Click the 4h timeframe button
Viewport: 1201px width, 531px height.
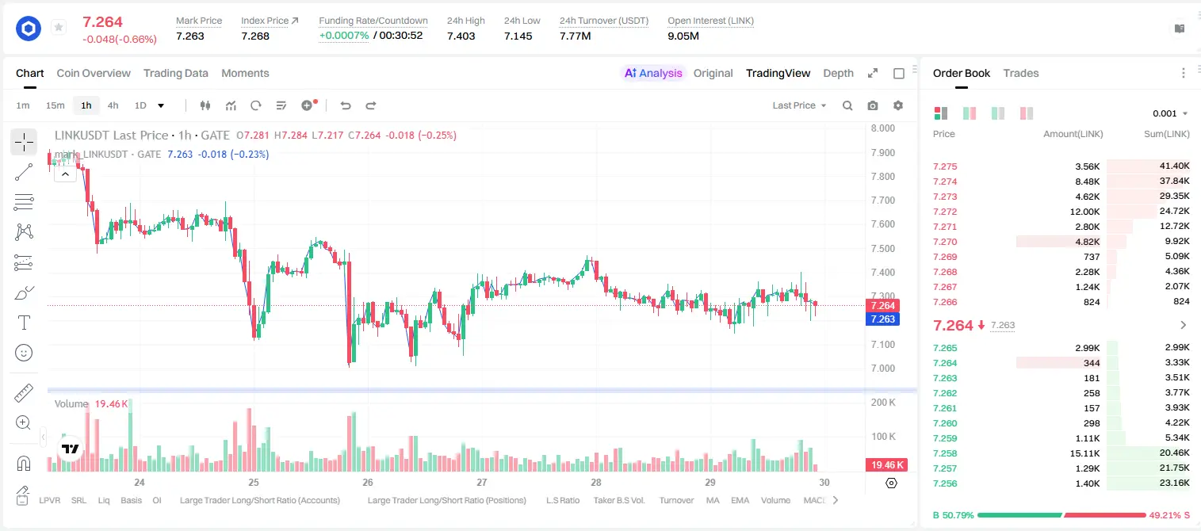[x=113, y=105]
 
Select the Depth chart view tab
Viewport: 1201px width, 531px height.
[x=838, y=73]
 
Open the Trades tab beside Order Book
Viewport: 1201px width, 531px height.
[x=1021, y=73]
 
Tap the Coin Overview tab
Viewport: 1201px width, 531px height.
[x=94, y=73]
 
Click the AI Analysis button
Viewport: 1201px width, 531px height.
[x=653, y=73]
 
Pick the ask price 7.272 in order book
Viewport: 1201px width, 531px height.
[x=945, y=212]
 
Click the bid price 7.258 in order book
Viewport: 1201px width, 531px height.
[x=945, y=453]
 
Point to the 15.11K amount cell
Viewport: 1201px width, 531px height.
[x=1084, y=453]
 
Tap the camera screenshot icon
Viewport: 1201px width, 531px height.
[x=873, y=105]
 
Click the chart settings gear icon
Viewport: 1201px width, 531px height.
[x=898, y=105]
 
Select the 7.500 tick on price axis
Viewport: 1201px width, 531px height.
[x=883, y=249]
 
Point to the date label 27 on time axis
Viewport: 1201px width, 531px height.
[x=481, y=482]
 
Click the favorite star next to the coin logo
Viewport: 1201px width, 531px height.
[x=59, y=27]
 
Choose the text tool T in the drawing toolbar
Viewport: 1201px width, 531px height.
[x=24, y=323]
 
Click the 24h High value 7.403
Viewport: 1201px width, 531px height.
[x=461, y=36]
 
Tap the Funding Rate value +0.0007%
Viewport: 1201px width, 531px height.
[x=344, y=36]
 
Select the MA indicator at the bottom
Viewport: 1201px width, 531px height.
[x=713, y=500]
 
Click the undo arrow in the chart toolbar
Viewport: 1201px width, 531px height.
[x=346, y=105]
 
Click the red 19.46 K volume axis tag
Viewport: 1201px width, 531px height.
[x=886, y=464]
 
